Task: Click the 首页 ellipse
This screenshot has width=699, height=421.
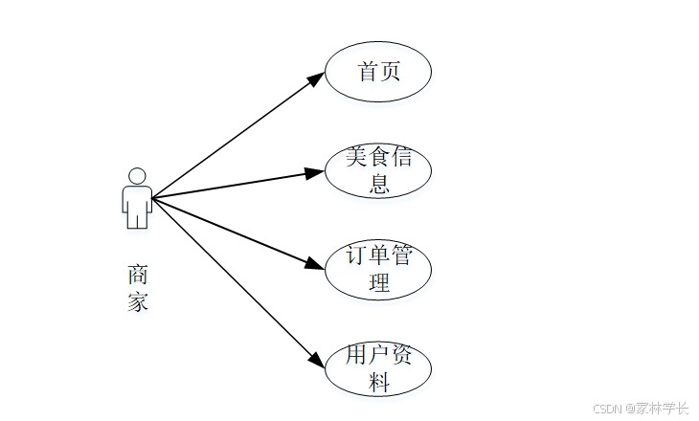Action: click(x=378, y=72)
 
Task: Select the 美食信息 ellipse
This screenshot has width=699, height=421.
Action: click(x=378, y=170)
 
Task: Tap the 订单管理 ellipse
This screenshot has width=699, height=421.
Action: click(x=378, y=269)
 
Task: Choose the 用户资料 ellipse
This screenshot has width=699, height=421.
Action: click(x=378, y=368)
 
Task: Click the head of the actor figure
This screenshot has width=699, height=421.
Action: click(x=137, y=176)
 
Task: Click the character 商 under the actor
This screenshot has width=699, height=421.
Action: click(x=138, y=275)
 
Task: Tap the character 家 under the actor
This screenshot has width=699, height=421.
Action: click(x=138, y=303)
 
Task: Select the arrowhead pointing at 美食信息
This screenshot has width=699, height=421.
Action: click(x=314, y=173)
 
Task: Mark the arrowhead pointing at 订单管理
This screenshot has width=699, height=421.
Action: click(x=314, y=265)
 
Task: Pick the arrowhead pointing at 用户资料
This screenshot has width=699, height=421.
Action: click(x=317, y=360)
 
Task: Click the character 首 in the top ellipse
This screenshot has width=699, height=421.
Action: click(x=368, y=72)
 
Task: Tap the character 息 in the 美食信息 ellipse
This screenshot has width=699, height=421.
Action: click(x=379, y=184)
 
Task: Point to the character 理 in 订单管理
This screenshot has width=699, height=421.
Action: click(x=379, y=282)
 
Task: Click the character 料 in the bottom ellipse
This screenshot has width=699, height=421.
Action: click(x=379, y=382)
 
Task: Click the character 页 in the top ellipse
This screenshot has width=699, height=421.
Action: click(x=390, y=72)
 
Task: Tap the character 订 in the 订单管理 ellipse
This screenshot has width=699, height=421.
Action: click(x=357, y=256)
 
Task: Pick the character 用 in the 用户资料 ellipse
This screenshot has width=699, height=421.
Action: click(x=357, y=356)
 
